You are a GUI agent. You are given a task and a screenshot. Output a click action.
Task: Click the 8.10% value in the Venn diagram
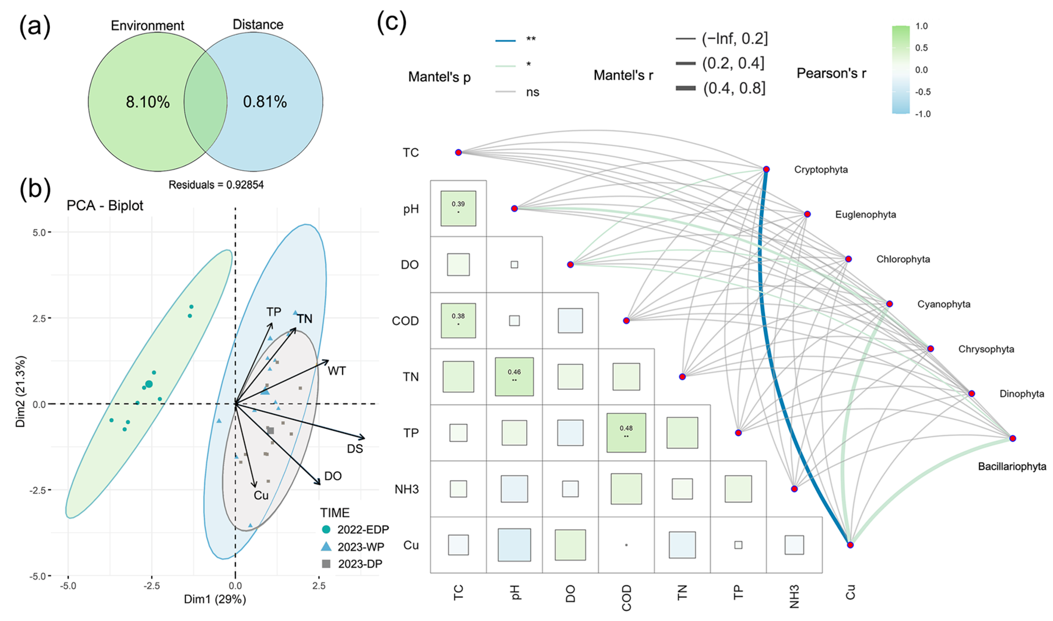point(148,102)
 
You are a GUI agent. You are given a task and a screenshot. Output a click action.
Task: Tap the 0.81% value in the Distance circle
point(265,102)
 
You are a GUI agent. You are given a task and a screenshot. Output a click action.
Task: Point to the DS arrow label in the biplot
point(355,449)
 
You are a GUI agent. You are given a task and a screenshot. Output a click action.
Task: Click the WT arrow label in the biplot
point(336,371)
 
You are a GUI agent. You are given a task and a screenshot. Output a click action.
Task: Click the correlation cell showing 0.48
point(626,433)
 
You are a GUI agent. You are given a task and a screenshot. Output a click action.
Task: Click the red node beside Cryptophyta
point(766,170)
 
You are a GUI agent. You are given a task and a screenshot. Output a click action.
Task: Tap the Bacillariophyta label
point(1012,467)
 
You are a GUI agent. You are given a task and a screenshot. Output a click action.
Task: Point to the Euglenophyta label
point(865,215)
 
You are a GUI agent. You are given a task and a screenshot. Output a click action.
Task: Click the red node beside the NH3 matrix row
point(794,489)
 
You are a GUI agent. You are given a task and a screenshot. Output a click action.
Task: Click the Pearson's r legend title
point(831,74)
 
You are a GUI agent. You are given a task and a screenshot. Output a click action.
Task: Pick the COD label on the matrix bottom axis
point(626,598)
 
